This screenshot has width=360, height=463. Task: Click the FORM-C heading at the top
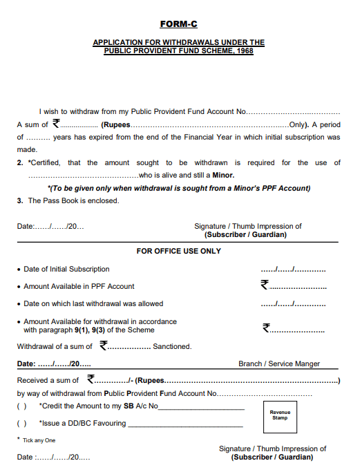point(178,24)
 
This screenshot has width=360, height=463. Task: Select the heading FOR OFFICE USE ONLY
point(178,251)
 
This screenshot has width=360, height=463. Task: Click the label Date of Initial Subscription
point(66,269)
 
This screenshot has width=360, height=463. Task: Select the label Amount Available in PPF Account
point(79,286)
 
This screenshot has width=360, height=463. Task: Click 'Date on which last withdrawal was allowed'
point(93,303)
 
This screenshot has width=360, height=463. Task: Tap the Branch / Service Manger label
point(279,363)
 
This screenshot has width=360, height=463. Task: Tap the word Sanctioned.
point(172,346)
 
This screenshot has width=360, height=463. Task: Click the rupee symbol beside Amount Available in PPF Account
point(264,284)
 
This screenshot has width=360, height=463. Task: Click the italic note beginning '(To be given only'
point(179,188)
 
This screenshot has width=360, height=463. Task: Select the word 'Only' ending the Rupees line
point(298,125)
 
